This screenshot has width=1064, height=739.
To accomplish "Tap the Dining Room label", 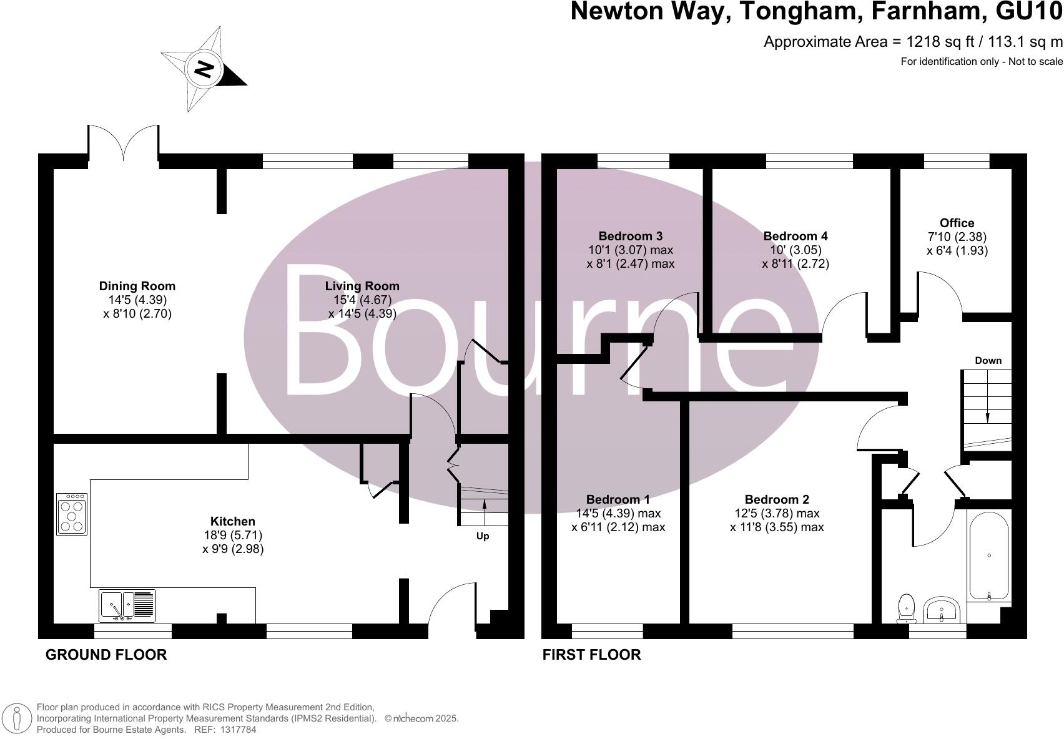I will tap(137, 286).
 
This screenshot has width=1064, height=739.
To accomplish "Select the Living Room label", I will tap(362, 286).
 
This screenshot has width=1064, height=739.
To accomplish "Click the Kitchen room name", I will tap(232, 522).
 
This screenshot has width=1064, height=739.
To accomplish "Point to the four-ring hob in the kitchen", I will tap(72, 514).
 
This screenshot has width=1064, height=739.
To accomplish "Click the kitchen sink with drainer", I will tap(127, 606).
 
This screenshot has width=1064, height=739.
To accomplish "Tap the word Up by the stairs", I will tap(483, 536).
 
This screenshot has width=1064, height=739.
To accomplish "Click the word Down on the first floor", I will tap(988, 361).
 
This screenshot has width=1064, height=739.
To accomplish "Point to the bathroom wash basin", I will tap(942, 610).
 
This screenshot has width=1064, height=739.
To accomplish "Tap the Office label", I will tap(957, 223).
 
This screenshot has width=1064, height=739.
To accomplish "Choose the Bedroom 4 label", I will tap(796, 237).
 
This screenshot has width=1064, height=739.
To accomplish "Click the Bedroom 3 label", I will tap(630, 237).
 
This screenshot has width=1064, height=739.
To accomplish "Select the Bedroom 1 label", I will tap(618, 500).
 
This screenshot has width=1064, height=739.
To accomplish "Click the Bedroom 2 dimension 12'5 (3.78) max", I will tap(777, 514).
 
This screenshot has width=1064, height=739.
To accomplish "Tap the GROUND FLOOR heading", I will tap(106, 655).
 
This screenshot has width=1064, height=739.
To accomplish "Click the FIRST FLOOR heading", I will tap(591, 655).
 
